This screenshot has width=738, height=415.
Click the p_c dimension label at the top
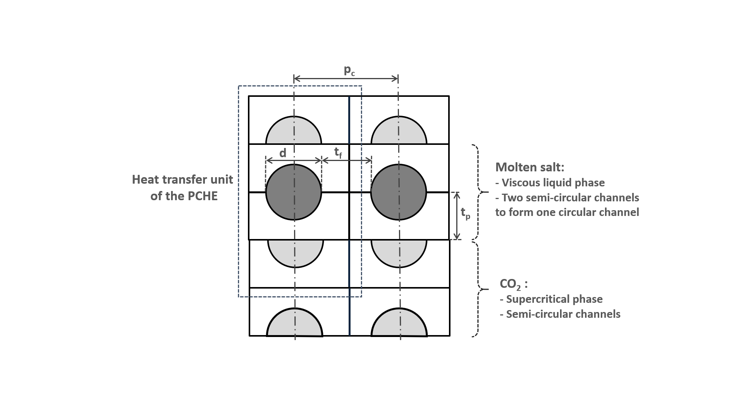click(x=349, y=71)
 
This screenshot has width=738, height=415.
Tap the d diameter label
click(x=283, y=153)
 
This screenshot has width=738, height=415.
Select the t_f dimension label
click(x=338, y=153)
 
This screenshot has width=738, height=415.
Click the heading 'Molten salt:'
click(x=530, y=167)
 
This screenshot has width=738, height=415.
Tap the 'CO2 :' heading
click(x=513, y=284)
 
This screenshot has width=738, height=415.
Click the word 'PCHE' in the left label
click(x=203, y=196)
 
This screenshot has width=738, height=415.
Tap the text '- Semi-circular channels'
click(x=560, y=314)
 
